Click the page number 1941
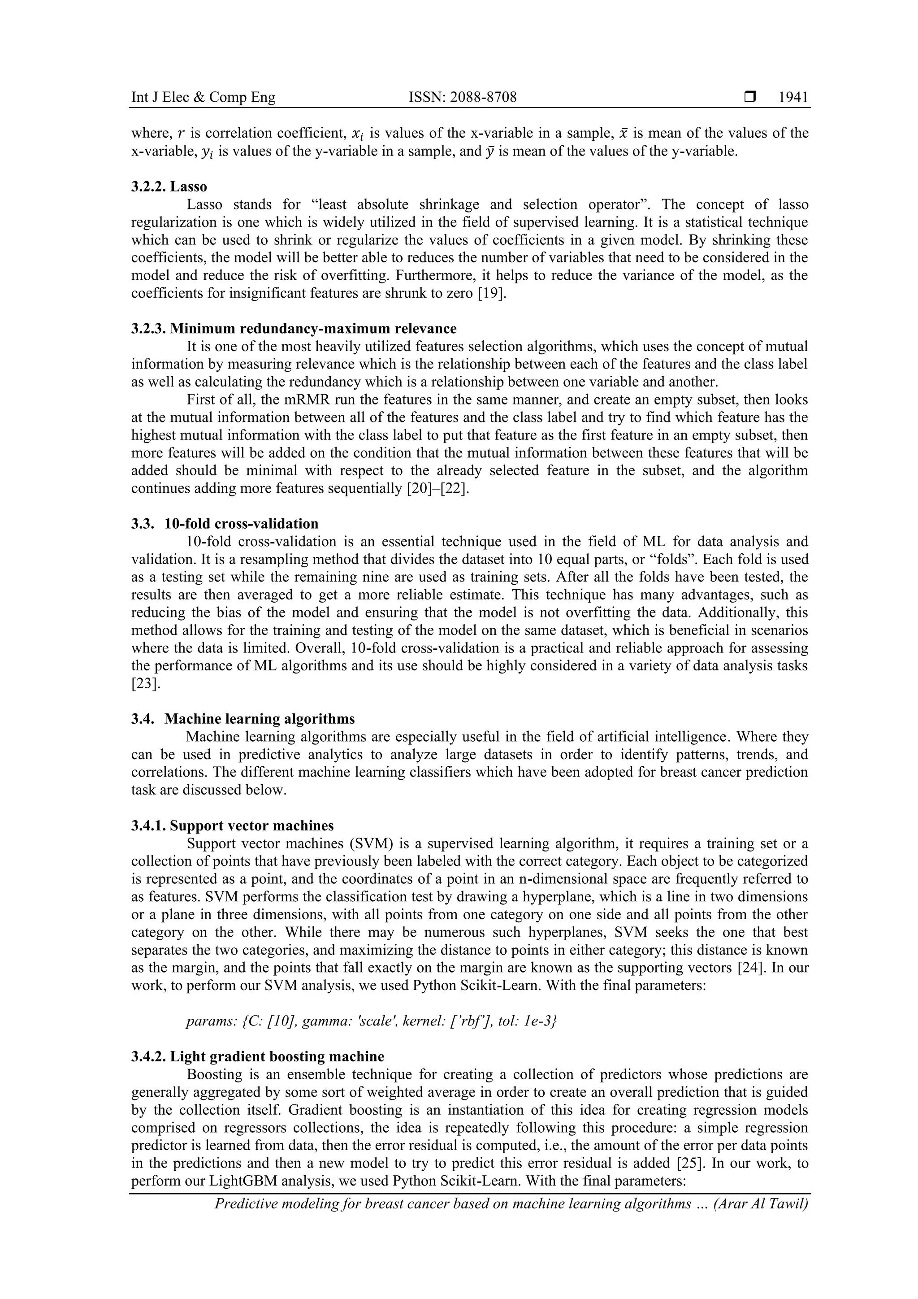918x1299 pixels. (793, 98)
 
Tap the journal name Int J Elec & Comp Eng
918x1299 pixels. (203, 98)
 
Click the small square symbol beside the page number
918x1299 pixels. (750, 97)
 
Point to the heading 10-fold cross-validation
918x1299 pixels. (241, 523)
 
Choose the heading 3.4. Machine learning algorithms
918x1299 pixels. (243, 719)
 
